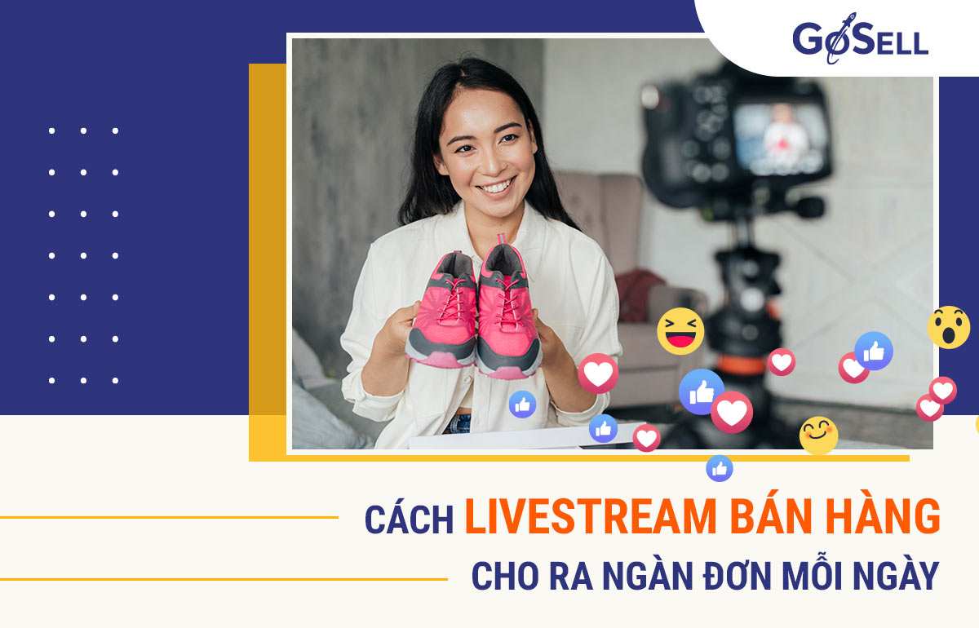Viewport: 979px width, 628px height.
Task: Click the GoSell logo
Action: [x=860, y=39]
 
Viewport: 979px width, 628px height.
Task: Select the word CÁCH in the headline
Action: [x=409, y=520]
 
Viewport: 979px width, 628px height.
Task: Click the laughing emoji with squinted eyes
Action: [x=680, y=331]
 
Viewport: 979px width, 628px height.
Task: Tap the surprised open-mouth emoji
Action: [x=948, y=327]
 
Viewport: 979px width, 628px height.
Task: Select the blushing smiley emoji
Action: [x=818, y=435]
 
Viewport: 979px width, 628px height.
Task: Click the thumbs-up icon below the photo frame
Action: [x=720, y=468]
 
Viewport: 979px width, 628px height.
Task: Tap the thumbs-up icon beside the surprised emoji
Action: [x=874, y=351]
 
